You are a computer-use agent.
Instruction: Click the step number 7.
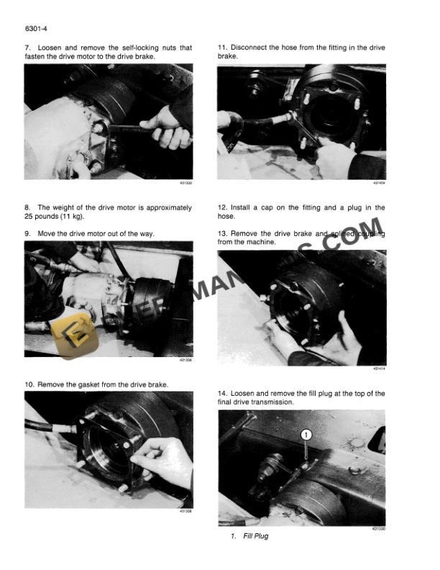point(27,47)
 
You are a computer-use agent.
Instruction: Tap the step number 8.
point(27,208)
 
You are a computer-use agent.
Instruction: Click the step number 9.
point(27,233)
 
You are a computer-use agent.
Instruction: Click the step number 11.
point(222,47)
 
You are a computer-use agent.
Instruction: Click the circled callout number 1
point(305,435)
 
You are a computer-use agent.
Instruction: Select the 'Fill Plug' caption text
point(255,536)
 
